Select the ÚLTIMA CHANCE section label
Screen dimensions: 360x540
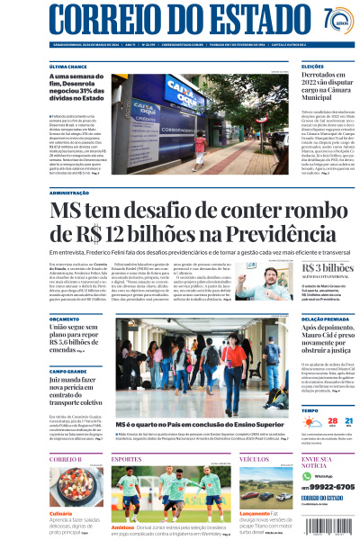tap(68, 67)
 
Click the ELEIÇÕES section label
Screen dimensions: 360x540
tap(313, 67)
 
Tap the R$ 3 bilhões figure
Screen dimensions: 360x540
tap(327, 268)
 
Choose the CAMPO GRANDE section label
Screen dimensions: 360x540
tap(69, 371)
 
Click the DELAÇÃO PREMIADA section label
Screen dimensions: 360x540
tap(325, 319)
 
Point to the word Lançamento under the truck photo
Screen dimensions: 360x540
tap(255, 513)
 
